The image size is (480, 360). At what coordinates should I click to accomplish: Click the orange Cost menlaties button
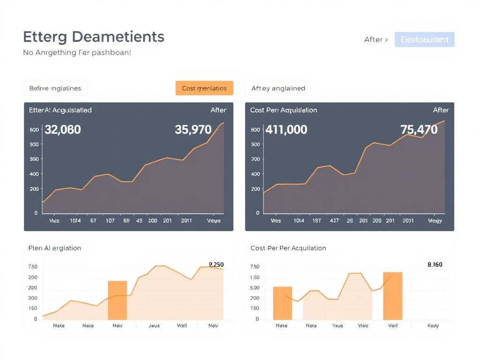tap(204, 88)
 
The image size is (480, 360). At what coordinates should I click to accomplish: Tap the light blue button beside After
tap(424, 40)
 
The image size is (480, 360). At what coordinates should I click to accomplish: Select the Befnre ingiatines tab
tap(55, 88)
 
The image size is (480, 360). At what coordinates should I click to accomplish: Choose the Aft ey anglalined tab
tap(278, 88)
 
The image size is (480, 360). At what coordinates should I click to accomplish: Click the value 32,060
tap(62, 129)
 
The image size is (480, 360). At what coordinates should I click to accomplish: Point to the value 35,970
tap(193, 129)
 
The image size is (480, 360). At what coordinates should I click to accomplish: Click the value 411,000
tap(286, 129)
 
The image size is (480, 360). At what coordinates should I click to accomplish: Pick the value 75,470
tap(419, 129)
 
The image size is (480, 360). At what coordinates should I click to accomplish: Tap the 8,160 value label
tap(435, 264)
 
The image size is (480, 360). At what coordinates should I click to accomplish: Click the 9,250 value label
tap(216, 264)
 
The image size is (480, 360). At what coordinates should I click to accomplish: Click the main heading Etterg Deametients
tap(94, 37)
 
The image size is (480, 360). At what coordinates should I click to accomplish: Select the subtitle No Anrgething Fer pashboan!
tap(77, 52)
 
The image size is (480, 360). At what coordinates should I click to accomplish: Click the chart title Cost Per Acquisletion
tap(284, 110)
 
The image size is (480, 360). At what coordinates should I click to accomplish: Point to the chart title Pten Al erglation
tap(55, 248)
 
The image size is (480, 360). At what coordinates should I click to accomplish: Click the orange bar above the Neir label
tap(117, 300)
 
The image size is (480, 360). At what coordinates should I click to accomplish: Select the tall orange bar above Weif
tap(392, 296)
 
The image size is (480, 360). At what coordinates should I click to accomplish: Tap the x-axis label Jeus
tap(154, 325)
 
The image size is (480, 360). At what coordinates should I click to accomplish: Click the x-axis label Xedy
tap(433, 325)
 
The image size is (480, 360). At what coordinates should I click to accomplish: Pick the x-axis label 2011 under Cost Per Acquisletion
tap(408, 220)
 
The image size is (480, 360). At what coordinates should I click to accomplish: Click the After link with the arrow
tap(376, 40)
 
